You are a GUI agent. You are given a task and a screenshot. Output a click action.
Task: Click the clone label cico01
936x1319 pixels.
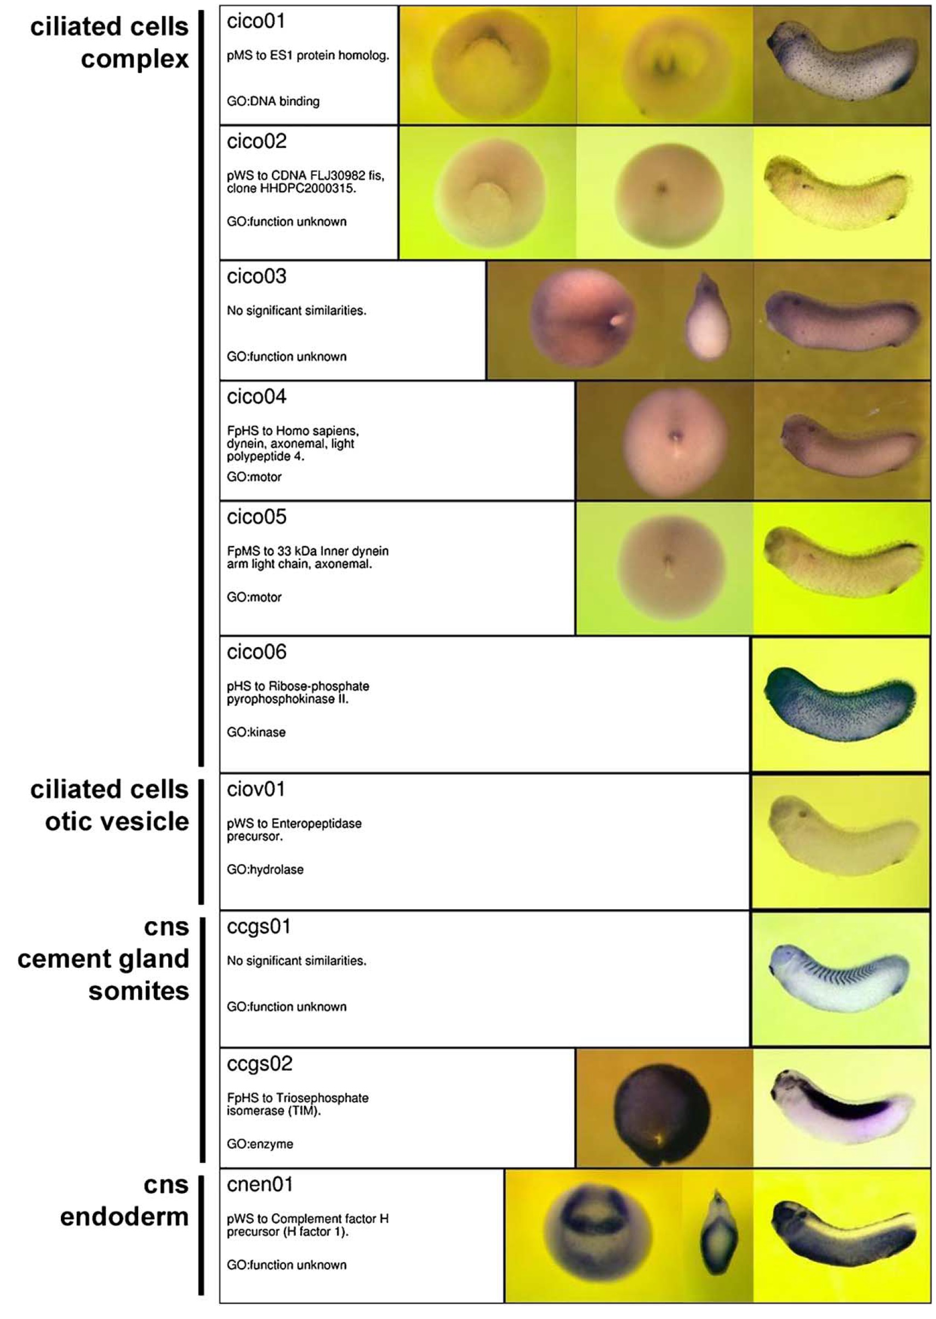pyautogui.click(x=256, y=21)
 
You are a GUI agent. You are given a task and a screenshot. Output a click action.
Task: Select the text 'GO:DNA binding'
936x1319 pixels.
pyautogui.click(x=273, y=101)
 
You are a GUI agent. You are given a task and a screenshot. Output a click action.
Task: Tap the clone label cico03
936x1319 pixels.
pyautogui.click(x=256, y=277)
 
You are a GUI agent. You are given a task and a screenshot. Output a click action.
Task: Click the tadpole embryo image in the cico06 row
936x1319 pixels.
pyautogui.click(x=840, y=704)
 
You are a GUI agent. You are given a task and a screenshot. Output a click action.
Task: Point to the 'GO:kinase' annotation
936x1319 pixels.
pyautogui.click(x=256, y=733)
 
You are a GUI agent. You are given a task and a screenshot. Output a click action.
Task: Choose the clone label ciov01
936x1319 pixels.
pyautogui.click(x=256, y=789)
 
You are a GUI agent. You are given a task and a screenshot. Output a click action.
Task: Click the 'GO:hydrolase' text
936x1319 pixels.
pyautogui.click(x=265, y=870)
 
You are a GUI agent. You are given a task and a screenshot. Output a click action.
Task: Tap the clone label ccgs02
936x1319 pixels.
pyautogui.click(x=260, y=1064)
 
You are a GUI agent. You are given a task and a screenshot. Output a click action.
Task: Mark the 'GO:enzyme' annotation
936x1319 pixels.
pyautogui.click(x=260, y=1144)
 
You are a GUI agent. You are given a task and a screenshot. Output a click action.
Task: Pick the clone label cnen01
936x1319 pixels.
pyautogui.click(x=260, y=1185)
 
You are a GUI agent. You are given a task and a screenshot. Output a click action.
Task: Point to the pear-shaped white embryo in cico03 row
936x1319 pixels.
pyautogui.click(x=706, y=317)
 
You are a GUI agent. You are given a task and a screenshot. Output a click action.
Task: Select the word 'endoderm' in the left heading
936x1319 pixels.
pyautogui.click(x=124, y=1217)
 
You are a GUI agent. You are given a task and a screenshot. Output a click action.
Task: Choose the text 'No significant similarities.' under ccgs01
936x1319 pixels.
pyautogui.click(x=297, y=961)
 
